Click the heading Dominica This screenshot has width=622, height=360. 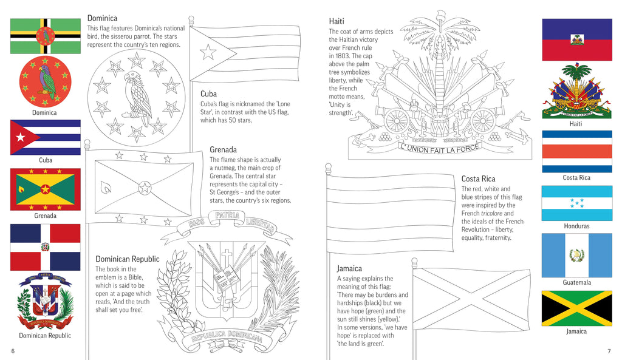[x=102, y=18]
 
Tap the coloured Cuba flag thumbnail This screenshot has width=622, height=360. [x=45, y=137]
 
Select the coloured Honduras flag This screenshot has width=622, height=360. [x=576, y=203]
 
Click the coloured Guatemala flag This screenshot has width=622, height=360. [x=576, y=255]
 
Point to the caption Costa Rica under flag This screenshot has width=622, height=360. [x=576, y=177]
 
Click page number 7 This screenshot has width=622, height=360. [x=609, y=352]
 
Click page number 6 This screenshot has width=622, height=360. [x=13, y=352]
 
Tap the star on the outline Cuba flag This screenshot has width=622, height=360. [x=208, y=52]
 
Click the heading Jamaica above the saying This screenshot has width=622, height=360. [x=349, y=268]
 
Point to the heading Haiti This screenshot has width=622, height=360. [x=337, y=21]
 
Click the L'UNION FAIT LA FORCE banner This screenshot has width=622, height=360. [x=439, y=148]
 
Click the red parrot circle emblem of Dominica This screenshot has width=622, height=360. [x=45, y=82]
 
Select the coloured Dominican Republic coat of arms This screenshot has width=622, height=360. [x=45, y=301]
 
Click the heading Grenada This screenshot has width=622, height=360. [x=223, y=149]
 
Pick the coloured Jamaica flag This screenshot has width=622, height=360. [x=576, y=308]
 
